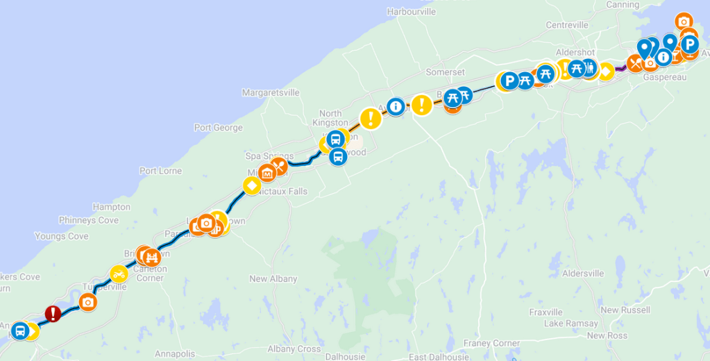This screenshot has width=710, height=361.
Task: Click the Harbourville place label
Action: pyautogui.click(x=412, y=12)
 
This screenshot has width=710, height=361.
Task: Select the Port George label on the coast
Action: pyautogui.click(x=219, y=128)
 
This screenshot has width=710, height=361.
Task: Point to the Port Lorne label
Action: pyautogui.click(x=160, y=171)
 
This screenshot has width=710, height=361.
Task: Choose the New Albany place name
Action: pyautogui.click(x=273, y=279)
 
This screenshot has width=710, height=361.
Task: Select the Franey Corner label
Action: pyautogui.click(x=491, y=344)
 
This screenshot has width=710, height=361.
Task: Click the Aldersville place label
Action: pyautogui.click(x=583, y=274)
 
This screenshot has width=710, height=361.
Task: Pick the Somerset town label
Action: pyautogui.click(x=446, y=72)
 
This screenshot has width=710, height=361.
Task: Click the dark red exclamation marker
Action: pyautogui.click(x=53, y=314)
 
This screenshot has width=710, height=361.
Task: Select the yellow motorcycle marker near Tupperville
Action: pyautogui.click(x=119, y=274)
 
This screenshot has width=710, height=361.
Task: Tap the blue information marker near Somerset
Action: pyautogui.click(x=396, y=107)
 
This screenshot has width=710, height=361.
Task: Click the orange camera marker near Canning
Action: pyautogui.click(x=684, y=22)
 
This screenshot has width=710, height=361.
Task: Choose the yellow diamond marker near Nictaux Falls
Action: pyautogui.click(x=251, y=186)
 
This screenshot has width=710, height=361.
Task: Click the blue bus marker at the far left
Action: pyautogui.click(x=20, y=330)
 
